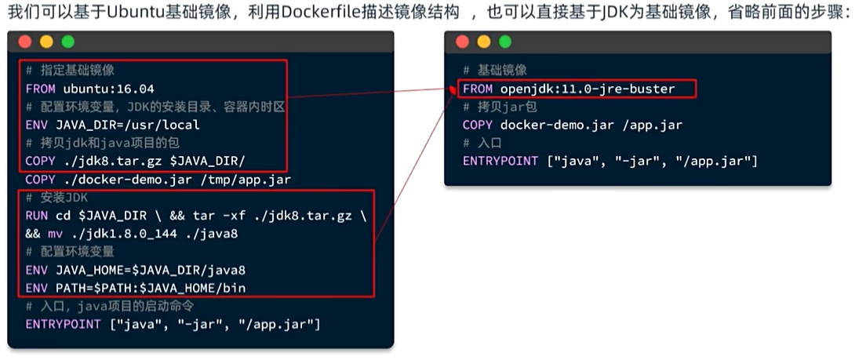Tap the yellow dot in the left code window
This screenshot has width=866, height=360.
46,42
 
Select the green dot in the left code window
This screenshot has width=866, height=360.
67,42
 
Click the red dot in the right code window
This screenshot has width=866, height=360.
462,42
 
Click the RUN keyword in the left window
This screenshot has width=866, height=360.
36,216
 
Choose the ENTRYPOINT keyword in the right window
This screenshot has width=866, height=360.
500,161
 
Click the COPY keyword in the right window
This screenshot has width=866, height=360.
478,125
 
